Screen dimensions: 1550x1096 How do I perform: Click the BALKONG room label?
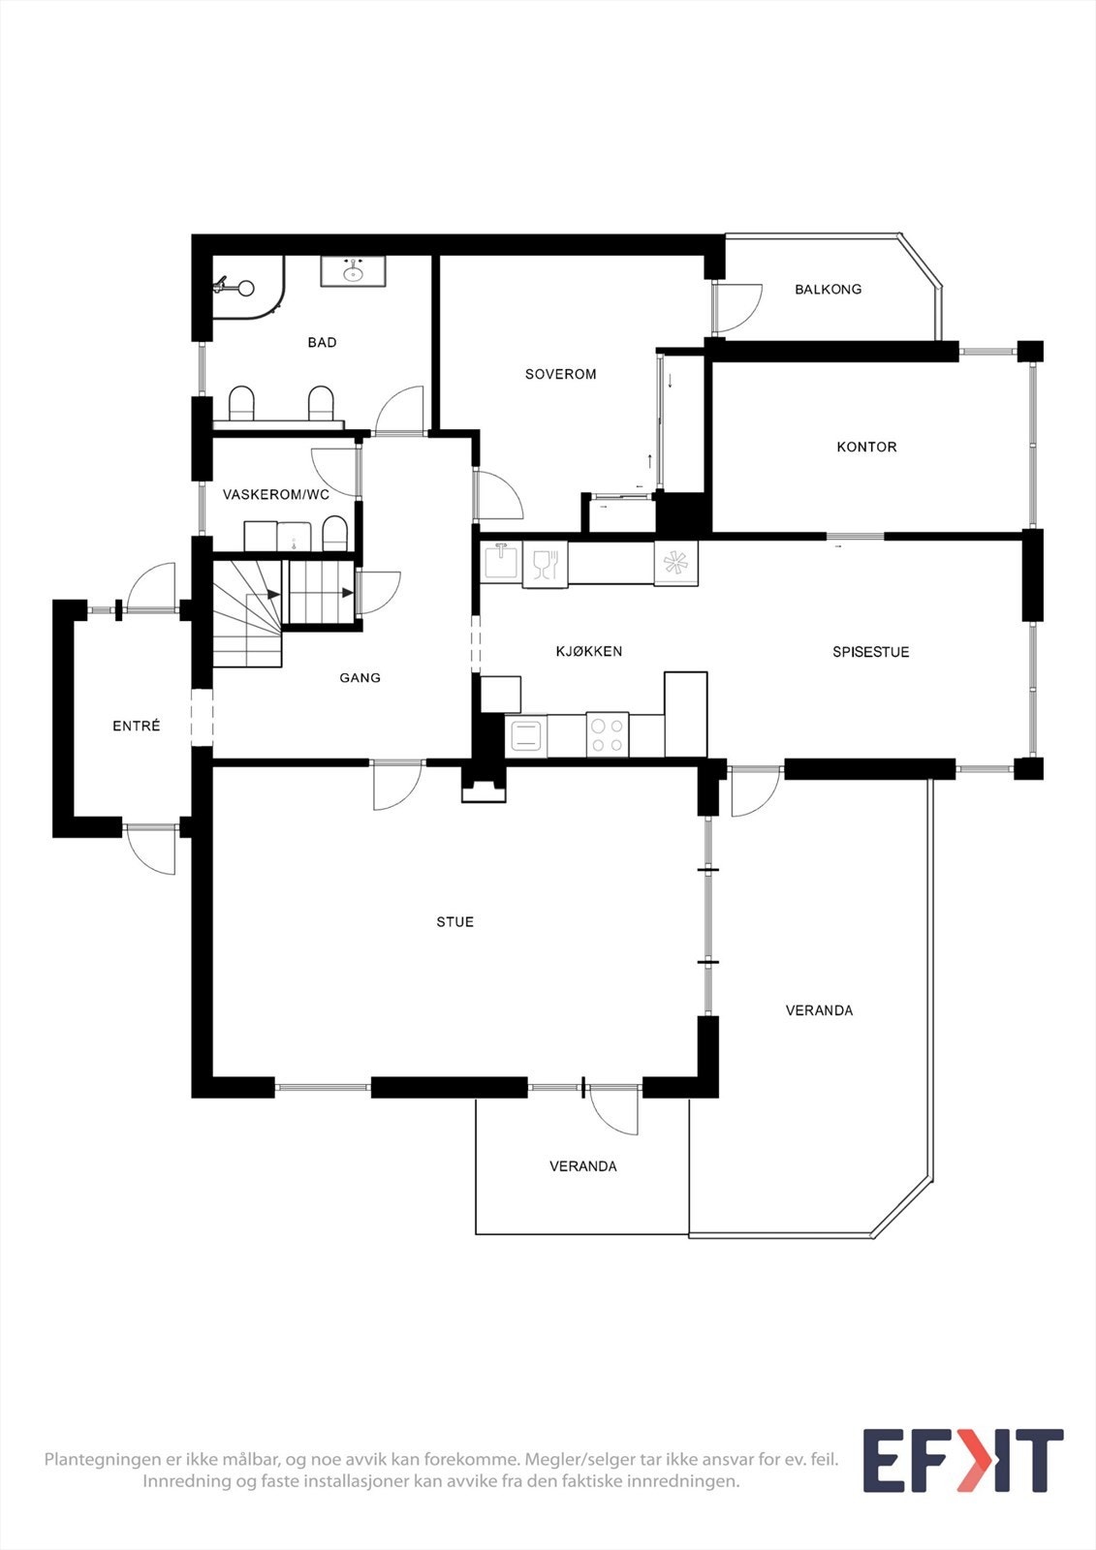pyautogui.click(x=828, y=289)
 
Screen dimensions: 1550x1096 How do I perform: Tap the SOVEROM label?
pyautogui.click(x=560, y=374)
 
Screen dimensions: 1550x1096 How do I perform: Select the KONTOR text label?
pyautogui.click(x=866, y=447)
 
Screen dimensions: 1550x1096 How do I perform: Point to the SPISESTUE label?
pyautogui.click(x=870, y=652)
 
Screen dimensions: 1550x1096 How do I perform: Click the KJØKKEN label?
pyautogui.click(x=589, y=651)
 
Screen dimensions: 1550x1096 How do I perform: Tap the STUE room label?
pyautogui.click(x=454, y=922)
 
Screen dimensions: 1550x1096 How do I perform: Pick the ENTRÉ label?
pyautogui.click(x=136, y=726)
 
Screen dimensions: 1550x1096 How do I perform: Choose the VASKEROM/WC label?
pyautogui.click(x=276, y=494)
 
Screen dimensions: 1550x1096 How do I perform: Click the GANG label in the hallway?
pyautogui.click(x=360, y=678)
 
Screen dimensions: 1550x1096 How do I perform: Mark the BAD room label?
pyautogui.click(x=322, y=342)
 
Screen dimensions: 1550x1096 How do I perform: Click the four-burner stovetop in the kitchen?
pyautogui.click(x=608, y=734)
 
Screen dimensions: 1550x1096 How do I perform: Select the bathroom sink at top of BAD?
pyautogui.click(x=353, y=271)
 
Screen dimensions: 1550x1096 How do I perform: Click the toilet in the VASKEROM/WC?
pyautogui.click(x=334, y=533)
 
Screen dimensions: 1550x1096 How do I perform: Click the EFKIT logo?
pyautogui.click(x=962, y=1461)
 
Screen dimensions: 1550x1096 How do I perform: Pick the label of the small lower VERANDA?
pyautogui.click(x=582, y=1166)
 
